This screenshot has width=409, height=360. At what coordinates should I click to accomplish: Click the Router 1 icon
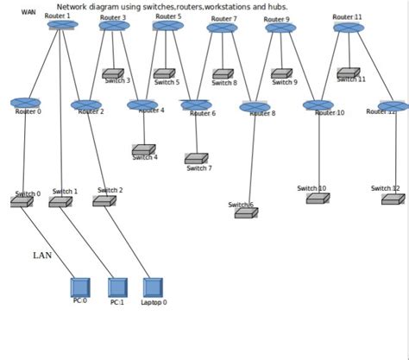point(62,25)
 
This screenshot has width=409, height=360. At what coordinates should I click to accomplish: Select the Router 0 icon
point(25,103)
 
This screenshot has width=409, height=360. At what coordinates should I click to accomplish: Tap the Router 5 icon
point(167,26)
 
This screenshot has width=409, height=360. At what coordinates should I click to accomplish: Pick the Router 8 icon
point(255,108)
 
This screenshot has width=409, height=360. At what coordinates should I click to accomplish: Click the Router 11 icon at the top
point(349,28)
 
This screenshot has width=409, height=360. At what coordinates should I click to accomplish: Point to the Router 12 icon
point(393,106)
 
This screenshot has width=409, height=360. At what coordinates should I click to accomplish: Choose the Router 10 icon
point(318,105)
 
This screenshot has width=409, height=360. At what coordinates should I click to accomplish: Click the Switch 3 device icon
point(112,74)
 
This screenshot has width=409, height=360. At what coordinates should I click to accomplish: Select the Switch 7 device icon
point(196,158)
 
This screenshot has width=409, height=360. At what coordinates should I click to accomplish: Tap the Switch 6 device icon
point(245,212)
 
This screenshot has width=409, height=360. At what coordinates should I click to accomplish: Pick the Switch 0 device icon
point(21,201)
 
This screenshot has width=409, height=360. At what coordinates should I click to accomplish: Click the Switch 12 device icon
point(393,199)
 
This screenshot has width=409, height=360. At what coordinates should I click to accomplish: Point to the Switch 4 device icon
point(143,149)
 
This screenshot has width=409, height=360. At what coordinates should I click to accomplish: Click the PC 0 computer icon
point(80,287)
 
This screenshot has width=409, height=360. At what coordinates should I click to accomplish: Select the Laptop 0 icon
point(153,287)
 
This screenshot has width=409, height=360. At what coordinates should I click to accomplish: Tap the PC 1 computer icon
point(117,287)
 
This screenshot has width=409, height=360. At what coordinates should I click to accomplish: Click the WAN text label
point(28,13)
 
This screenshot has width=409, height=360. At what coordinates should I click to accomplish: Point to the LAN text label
point(42,256)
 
